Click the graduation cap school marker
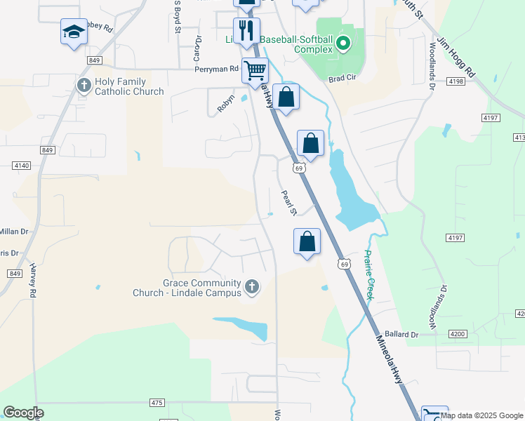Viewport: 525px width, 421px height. click(x=74, y=32)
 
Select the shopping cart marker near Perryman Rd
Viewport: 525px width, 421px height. click(x=255, y=70)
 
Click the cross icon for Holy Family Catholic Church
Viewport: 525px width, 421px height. click(x=84, y=86)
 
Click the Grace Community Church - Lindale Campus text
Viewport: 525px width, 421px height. click(x=187, y=287)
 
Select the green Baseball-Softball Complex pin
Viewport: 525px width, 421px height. click(x=343, y=44)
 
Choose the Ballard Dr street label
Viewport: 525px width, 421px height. click(x=401, y=334)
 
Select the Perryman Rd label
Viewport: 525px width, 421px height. click(x=218, y=69)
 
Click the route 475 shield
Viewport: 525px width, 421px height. click(x=157, y=402)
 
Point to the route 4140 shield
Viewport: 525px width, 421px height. click(x=22, y=165)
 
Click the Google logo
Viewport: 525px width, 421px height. click(x=23, y=413)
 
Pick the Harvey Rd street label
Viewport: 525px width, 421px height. click(x=33, y=281)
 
